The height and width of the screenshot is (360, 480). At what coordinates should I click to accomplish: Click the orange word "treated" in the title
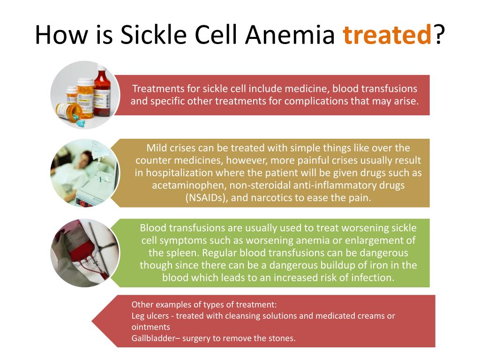[x=387, y=34]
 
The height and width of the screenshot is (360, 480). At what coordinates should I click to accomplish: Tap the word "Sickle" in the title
[x=153, y=34]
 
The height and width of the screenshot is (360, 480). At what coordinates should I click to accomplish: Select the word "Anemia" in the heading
[x=290, y=34]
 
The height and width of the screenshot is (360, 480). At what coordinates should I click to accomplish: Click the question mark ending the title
[x=438, y=34]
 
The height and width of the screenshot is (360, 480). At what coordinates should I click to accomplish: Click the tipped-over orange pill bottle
[x=69, y=112]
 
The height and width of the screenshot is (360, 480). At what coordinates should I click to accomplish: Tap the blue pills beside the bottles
[x=81, y=123]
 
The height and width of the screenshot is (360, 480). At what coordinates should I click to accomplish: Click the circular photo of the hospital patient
[x=85, y=172]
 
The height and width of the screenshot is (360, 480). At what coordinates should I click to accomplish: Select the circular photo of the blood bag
[x=85, y=253]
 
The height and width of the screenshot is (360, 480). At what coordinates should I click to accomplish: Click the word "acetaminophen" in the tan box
[x=188, y=185]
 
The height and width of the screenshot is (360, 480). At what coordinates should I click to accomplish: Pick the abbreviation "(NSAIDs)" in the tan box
[x=207, y=198]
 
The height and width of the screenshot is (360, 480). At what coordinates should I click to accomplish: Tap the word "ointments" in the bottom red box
[x=150, y=327]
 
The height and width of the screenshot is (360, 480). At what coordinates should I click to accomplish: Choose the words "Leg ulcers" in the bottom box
[x=150, y=316]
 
